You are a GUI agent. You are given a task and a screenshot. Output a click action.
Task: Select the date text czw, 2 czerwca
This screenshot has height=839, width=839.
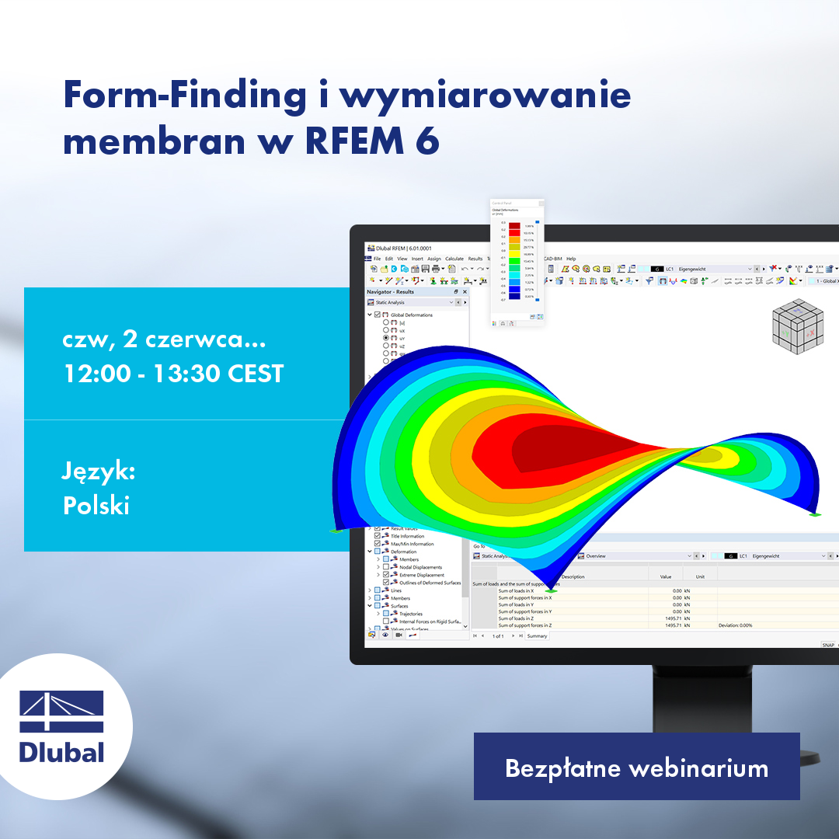coord(164,340)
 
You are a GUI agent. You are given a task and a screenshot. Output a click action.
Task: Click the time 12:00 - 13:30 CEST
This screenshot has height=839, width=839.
coord(172,374)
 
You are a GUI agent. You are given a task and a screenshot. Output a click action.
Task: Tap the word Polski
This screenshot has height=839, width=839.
coord(96,505)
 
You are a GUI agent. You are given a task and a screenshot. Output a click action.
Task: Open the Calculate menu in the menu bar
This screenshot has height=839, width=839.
coord(454,259)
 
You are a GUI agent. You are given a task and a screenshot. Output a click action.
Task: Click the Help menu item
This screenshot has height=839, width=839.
coord(571,259)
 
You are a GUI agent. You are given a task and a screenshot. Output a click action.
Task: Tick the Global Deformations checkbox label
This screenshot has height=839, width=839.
coord(411,315)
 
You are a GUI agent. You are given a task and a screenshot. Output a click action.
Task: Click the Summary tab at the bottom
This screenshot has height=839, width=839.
coord(538,636)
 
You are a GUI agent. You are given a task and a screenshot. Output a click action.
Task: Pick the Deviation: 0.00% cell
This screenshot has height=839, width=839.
coord(735,625)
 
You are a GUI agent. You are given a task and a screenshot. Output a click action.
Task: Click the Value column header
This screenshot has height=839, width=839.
coord(665,577)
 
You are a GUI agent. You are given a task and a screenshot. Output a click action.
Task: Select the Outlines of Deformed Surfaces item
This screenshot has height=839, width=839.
coord(430,583)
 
